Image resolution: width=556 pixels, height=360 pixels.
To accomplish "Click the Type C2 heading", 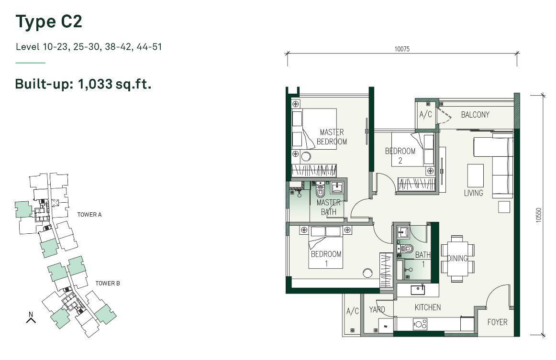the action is (x=49, y=22).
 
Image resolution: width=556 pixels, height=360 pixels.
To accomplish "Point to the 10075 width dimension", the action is (x=402, y=49).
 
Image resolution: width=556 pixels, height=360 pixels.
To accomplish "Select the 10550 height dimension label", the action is (x=539, y=215).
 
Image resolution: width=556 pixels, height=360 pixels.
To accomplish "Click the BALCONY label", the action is (x=475, y=114).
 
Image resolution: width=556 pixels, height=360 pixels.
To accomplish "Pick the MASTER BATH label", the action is (x=328, y=207).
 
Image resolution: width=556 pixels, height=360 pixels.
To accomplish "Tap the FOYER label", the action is (x=497, y=322).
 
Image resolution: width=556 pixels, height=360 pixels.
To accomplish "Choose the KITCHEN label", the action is (x=428, y=307).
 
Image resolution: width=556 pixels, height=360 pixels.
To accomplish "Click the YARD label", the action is (x=377, y=309).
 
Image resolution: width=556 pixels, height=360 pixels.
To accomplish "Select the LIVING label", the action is (x=473, y=193).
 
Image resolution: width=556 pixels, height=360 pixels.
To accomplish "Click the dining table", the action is (x=457, y=259).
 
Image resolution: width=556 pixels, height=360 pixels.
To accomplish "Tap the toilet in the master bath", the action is (x=320, y=191).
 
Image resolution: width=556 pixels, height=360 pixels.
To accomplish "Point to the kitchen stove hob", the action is (x=420, y=324).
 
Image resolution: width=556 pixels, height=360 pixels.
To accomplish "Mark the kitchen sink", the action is (x=418, y=290).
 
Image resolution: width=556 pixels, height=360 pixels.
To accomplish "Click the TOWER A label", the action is (x=89, y=214).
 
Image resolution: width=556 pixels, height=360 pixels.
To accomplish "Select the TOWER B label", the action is (x=108, y=283).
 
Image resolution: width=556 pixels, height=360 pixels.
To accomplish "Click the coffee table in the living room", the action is (x=476, y=176).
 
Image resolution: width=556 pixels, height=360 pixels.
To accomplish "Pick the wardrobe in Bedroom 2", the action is (x=417, y=184).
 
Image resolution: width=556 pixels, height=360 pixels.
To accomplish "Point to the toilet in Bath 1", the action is (x=406, y=249).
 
